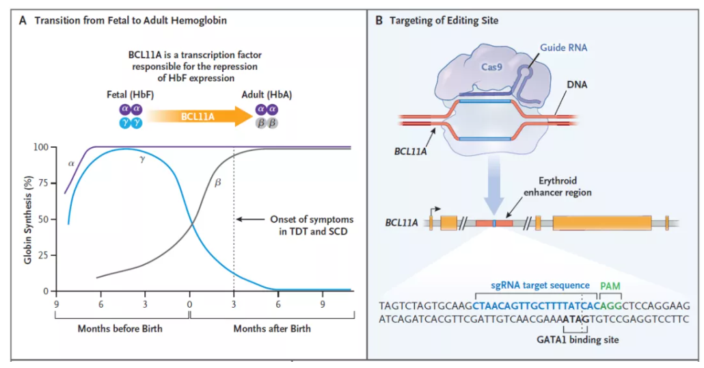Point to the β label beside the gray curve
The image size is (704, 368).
218,183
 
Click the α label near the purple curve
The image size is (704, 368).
70,163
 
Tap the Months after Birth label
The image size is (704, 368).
272,328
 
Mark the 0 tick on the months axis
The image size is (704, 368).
189,303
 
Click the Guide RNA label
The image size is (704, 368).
564,48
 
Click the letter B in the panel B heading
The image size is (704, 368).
380,21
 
